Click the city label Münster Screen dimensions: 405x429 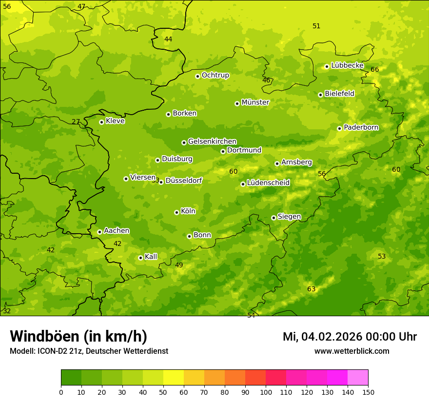point(255,102)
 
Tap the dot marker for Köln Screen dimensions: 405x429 point(176,212)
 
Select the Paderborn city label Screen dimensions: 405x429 point(361,127)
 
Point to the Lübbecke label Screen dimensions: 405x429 point(347,65)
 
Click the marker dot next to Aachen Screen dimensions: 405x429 point(99,232)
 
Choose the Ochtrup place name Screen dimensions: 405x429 point(215,75)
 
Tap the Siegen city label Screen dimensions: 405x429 point(289,217)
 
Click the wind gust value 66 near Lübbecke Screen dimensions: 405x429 point(374,70)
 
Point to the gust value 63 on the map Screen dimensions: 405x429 point(312,289)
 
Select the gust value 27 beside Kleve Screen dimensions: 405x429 point(76,122)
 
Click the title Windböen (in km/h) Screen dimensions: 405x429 point(78,336)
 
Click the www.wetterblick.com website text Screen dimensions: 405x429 point(351,351)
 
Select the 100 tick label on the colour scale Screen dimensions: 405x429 point(266,392)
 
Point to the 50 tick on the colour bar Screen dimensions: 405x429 point(163,392)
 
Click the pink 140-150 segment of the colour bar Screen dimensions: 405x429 point(358,378)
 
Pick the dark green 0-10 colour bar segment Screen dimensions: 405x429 point(71,378)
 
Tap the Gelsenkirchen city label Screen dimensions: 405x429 point(212,142)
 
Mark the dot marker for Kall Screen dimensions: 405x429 point(140,258)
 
